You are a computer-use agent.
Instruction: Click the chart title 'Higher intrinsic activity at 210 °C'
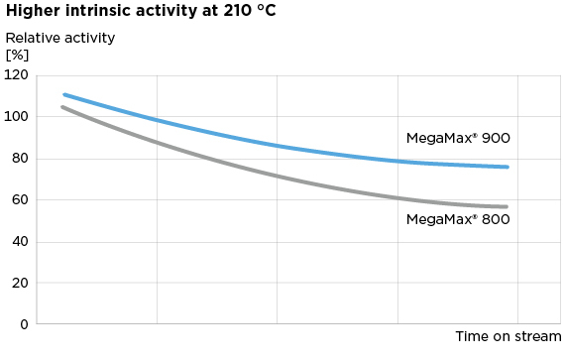(141, 11)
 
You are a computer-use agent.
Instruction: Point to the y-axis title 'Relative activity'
(60, 39)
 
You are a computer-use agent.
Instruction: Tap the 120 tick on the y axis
(16, 75)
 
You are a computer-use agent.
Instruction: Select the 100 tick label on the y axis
(16, 117)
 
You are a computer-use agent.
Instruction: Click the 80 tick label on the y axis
(19, 159)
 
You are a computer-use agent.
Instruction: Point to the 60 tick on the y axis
(19, 200)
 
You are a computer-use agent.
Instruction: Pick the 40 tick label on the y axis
(19, 242)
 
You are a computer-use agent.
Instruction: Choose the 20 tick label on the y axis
(19, 284)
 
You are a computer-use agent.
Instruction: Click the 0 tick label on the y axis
(23, 324)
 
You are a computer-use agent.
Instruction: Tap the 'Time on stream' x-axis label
(508, 337)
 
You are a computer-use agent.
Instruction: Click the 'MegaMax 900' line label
(458, 139)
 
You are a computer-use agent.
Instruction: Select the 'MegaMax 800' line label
(458, 219)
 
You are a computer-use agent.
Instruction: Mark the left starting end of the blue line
(63, 95)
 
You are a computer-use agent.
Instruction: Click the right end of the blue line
(508, 167)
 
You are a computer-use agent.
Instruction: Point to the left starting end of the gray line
(62, 107)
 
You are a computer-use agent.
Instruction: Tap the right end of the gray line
(507, 207)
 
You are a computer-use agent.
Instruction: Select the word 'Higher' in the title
(31, 11)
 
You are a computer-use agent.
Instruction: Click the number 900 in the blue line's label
(496, 139)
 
